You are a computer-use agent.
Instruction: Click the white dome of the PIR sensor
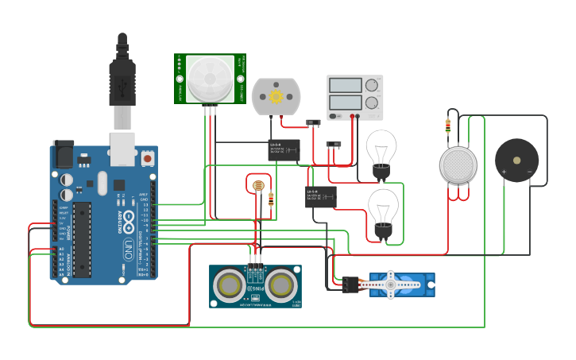point(211,78)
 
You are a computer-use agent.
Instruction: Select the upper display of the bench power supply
point(346,85)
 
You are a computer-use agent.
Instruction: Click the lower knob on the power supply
point(371,103)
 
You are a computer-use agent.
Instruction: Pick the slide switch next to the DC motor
point(312,122)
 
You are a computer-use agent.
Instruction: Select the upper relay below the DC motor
point(284,149)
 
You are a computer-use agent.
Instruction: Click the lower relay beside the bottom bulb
point(320,196)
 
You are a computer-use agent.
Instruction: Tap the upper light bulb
point(381,151)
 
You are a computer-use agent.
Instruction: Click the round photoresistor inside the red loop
point(257,187)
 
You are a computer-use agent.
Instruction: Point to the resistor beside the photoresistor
point(272,199)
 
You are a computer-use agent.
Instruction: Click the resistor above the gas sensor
point(448,126)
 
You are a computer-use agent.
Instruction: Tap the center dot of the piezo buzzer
point(517,160)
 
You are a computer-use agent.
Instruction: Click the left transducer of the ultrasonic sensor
point(229,285)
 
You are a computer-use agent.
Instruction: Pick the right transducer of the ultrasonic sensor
point(282,285)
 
